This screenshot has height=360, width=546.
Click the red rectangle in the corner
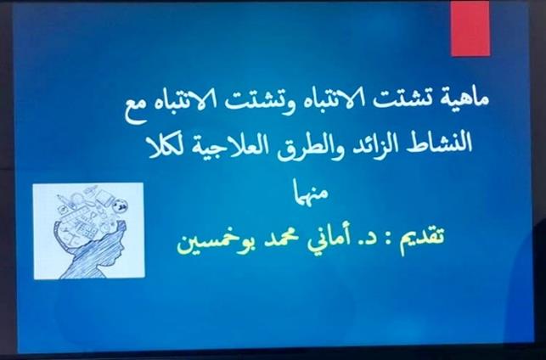[470, 28]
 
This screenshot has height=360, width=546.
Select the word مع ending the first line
[136, 106]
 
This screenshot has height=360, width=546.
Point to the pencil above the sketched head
[65, 201]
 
